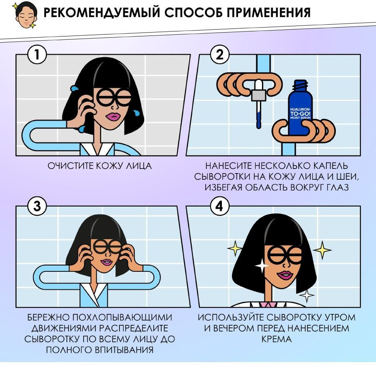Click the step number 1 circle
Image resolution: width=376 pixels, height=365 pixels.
pyautogui.click(x=37, y=54)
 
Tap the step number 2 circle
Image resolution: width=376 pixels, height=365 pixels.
pyautogui.click(x=219, y=54)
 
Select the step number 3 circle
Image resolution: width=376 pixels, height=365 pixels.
pyautogui.click(x=37, y=206)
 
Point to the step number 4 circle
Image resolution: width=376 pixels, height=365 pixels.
pyautogui.click(x=219, y=206)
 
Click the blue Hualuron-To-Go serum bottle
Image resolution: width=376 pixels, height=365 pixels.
pyautogui.click(x=300, y=108)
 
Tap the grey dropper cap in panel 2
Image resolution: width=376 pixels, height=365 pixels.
pyautogui.click(x=258, y=95)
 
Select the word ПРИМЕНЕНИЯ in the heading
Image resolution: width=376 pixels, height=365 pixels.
pyautogui.click(x=269, y=13)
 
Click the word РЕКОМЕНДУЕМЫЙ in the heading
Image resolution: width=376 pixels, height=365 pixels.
pyautogui.click(x=102, y=13)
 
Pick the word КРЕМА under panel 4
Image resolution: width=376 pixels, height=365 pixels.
pyautogui.click(x=276, y=339)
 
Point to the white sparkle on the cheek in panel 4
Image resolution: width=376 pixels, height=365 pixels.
pyautogui.click(x=262, y=265)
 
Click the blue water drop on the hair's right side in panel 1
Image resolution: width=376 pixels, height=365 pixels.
pyautogui.click(x=137, y=113)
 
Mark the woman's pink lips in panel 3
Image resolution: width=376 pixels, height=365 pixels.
pyautogui.click(x=106, y=262)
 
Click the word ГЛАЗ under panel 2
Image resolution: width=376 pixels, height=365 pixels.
pyautogui.click(x=338, y=187)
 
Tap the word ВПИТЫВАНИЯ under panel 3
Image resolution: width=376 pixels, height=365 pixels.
pyautogui.click(x=124, y=350)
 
